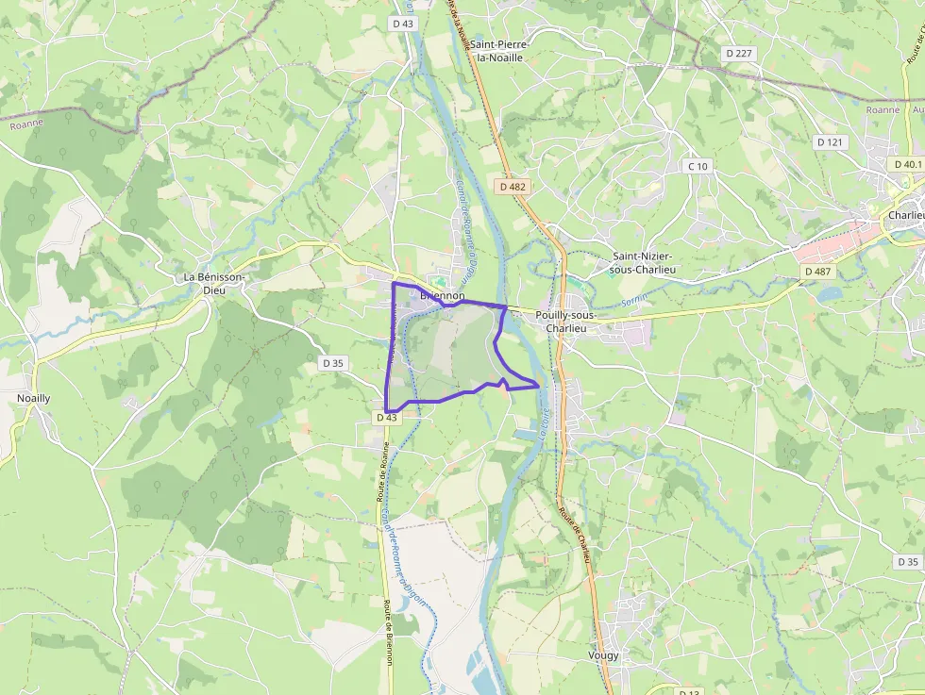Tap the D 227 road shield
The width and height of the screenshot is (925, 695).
739,53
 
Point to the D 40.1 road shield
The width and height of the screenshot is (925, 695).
907,163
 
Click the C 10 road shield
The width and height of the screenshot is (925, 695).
698,166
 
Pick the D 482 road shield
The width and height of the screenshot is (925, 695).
513,187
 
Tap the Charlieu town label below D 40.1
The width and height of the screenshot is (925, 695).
905,215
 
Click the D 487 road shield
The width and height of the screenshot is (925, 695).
817,272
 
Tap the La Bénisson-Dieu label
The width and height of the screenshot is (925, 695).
215,283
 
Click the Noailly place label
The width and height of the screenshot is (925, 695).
34,398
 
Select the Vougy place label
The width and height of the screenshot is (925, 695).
604,655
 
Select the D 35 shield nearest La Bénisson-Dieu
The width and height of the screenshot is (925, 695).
333,362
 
